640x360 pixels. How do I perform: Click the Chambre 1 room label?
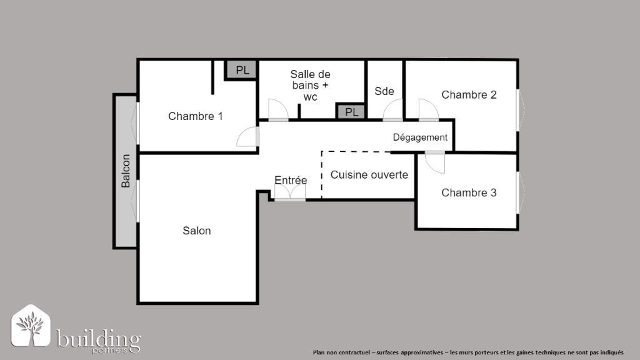196,116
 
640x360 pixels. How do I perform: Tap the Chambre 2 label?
469,95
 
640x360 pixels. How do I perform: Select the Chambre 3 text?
469,192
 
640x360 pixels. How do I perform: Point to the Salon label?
197,231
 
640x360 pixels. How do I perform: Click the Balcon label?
126,171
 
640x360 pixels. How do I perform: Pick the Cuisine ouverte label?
369,175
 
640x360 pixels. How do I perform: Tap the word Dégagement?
420,137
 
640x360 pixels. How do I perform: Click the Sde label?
384,91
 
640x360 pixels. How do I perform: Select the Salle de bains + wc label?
310,85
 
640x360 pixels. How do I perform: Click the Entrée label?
291,180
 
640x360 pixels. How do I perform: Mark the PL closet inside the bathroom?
351,112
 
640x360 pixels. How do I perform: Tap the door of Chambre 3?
435,162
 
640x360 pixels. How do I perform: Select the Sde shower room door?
392,110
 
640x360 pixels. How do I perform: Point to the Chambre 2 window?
518,110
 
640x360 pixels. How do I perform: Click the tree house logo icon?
31,326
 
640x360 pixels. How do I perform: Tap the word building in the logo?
99,339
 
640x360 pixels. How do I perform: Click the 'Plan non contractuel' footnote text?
468,352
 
